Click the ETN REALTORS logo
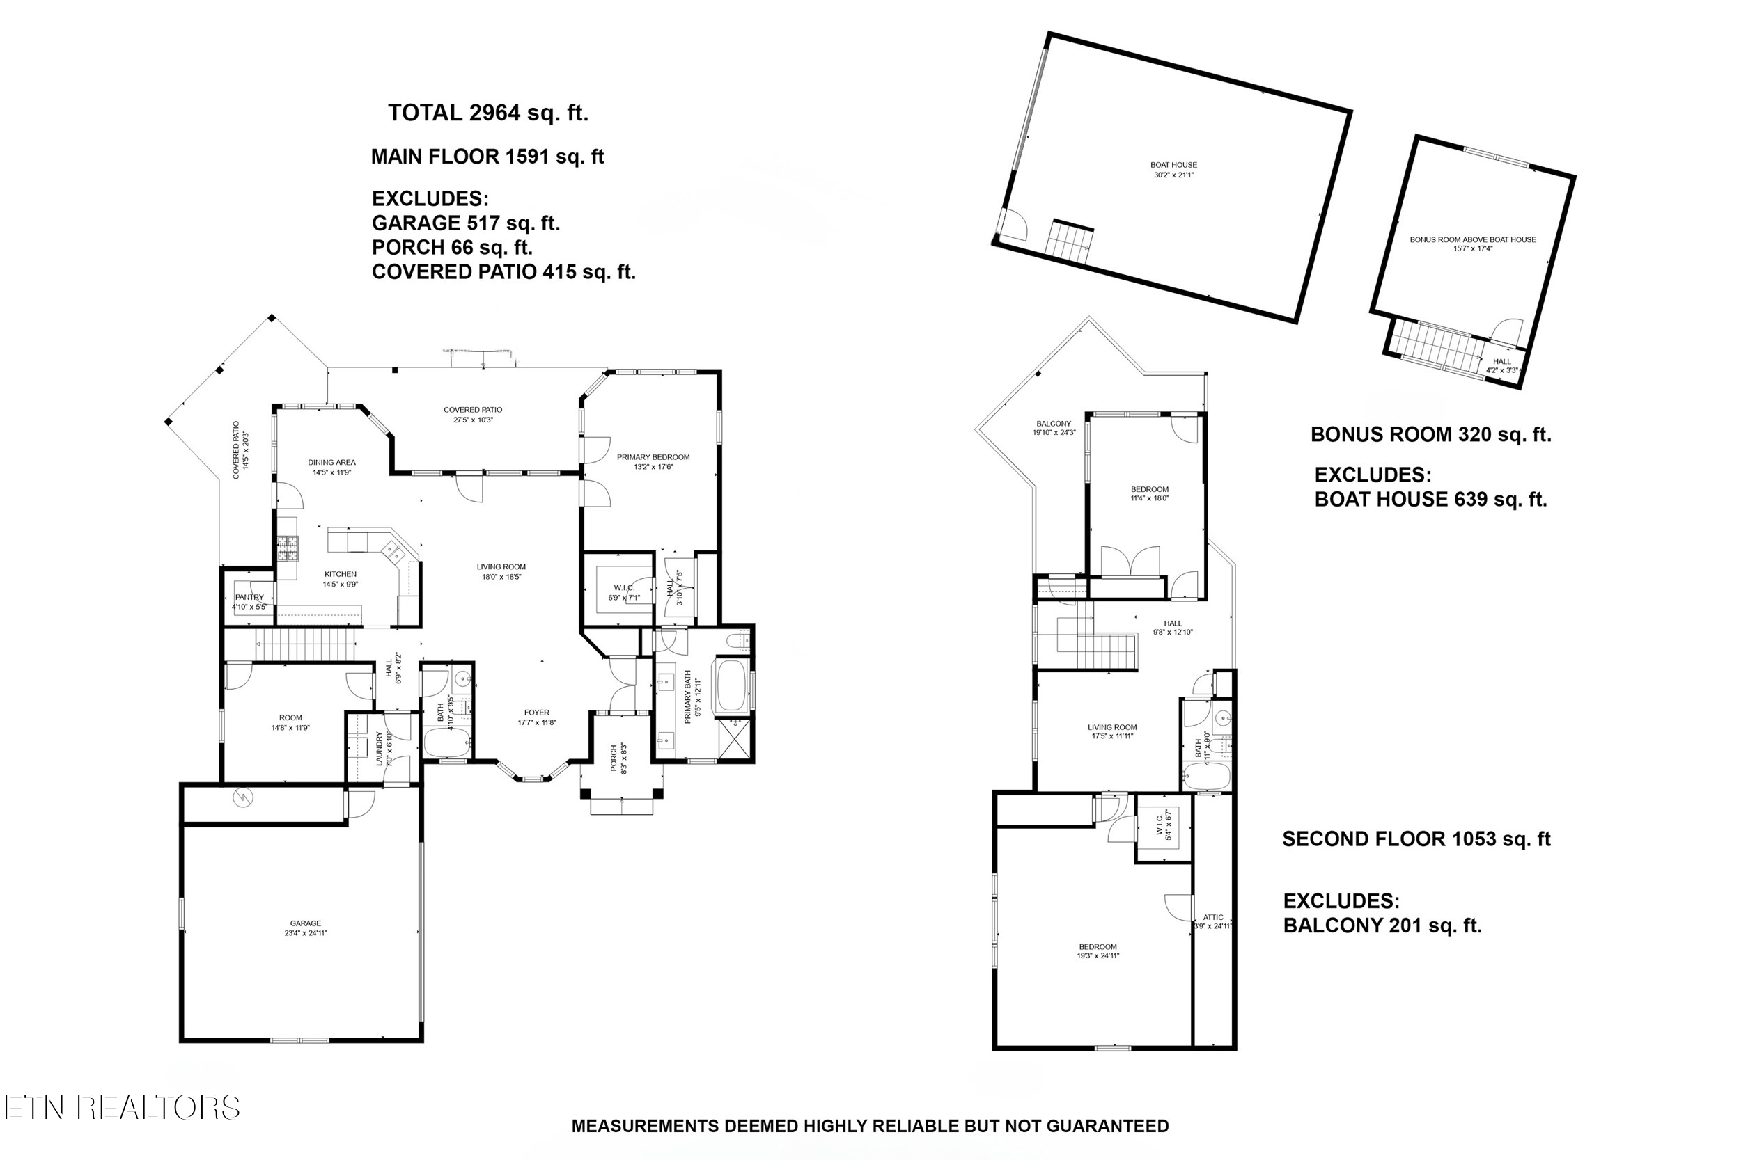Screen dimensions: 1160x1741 point(122,1108)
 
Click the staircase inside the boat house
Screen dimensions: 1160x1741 point(1069,241)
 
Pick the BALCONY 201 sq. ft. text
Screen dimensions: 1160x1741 point(1382,925)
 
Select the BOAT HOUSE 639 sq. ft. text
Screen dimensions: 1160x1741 point(1430,500)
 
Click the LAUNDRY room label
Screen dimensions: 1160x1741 point(379,748)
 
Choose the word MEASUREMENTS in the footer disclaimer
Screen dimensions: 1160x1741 point(645,1126)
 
